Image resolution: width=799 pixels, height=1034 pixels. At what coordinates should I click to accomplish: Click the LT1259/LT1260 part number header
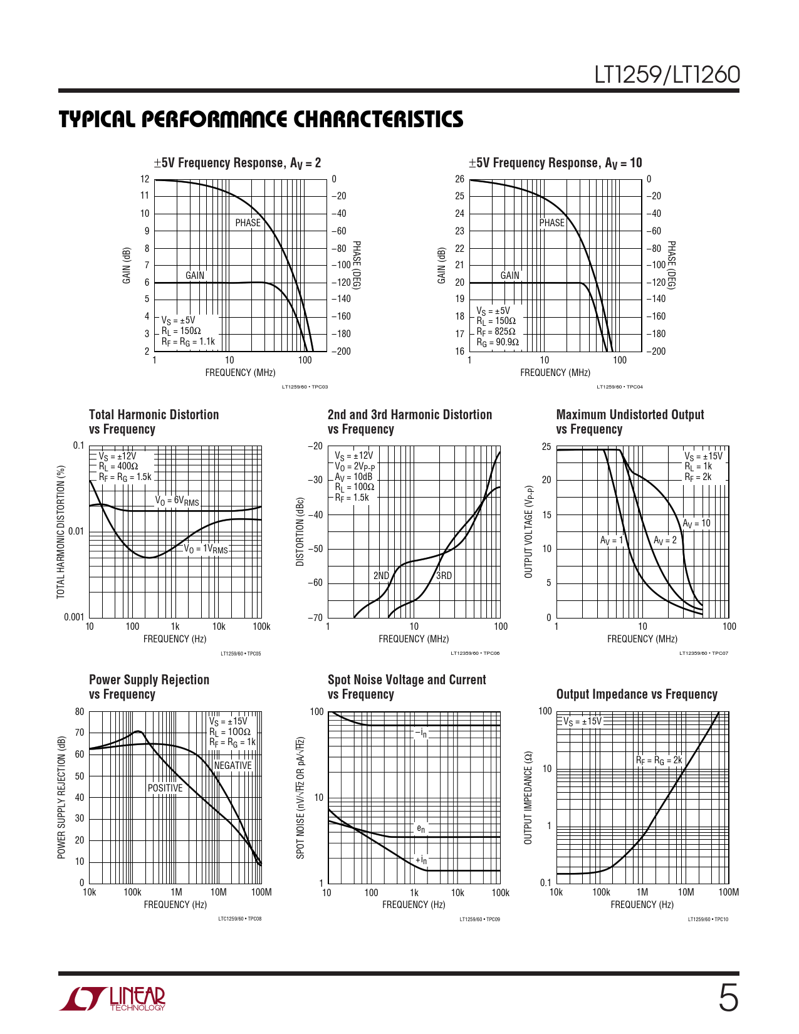point(667,75)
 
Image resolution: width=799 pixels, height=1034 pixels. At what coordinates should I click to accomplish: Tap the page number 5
point(728,998)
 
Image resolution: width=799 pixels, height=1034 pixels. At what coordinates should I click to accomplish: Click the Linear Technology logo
point(113,999)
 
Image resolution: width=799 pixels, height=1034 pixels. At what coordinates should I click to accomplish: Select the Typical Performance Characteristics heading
point(261,120)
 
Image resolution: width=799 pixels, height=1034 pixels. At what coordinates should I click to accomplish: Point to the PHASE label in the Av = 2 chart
point(248,222)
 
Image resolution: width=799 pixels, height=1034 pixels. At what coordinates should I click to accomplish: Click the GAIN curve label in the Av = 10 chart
point(509,275)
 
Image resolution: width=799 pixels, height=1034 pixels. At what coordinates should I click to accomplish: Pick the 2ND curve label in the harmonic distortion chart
point(381,575)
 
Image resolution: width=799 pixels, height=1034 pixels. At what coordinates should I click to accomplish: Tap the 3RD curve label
point(444,575)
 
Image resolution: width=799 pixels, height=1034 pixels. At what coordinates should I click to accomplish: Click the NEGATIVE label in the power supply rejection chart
point(232,765)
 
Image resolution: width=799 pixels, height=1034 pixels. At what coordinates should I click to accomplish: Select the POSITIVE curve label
point(165,788)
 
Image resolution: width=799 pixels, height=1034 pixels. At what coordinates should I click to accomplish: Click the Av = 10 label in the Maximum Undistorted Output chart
point(696,523)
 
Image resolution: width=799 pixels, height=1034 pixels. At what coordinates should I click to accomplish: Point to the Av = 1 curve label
point(612,540)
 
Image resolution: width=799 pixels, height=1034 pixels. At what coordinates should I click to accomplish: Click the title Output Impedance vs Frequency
point(637,694)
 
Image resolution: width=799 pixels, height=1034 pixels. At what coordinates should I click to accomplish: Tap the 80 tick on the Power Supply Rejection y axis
point(80,711)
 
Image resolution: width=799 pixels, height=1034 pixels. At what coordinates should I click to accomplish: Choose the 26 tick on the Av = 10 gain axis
point(459,179)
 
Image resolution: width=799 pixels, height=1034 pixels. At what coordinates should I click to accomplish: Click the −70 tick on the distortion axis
point(315,617)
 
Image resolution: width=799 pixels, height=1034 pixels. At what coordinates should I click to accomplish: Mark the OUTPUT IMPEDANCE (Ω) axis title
point(528,797)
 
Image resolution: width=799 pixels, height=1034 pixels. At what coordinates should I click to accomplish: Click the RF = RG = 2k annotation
point(659,760)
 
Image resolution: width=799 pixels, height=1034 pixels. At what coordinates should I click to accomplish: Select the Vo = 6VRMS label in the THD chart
point(177,500)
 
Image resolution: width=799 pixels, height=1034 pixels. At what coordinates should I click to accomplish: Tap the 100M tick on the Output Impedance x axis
point(728,892)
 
